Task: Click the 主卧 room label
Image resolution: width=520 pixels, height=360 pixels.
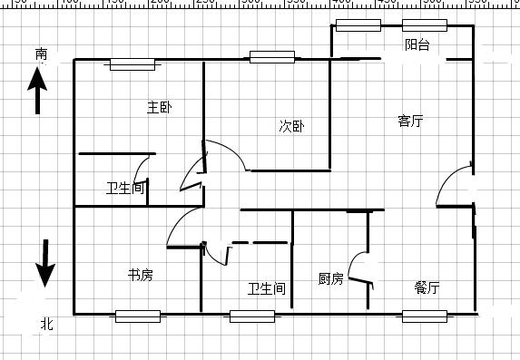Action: pyautogui.click(x=160, y=107)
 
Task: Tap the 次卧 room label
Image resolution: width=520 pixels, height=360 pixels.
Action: pyautogui.click(x=290, y=126)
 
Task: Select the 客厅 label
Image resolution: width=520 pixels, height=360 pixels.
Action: pyautogui.click(x=410, y=121)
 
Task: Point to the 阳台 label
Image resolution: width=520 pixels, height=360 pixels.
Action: pyautogui.click(x=417, y=44)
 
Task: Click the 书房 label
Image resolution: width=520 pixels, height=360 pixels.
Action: pyautogui.click(x=140, y=274)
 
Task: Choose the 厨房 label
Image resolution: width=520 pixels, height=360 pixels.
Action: pyautogui.click(x=330, y=278)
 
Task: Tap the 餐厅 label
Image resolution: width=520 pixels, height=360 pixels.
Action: pyautogui.click(x=427, y=287)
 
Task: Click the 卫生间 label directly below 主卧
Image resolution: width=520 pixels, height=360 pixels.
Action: pyautogui.click(x=125, y=189)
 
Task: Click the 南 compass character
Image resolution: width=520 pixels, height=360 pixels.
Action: pyautogui.click(x=42, y=54)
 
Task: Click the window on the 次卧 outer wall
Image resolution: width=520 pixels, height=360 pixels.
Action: pyautogui.click(x=272, y=57)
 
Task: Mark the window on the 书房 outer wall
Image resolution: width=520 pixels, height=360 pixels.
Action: pyautogui.click(x=138, y=316)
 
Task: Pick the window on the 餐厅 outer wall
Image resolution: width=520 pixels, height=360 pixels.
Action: pyautogui.click(x=425, y=316)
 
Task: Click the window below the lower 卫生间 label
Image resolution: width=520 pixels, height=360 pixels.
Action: pyautogui.click(x=252, y=316)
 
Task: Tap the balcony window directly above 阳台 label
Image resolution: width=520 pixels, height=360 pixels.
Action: pyautogui.click(x=425, y=25)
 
